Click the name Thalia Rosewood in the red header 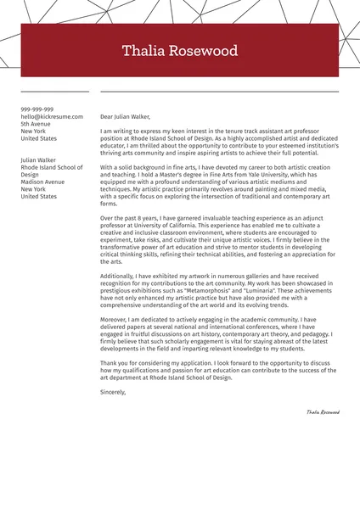point(180,51)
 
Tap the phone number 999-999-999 point(37,109)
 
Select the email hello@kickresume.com point(52,116)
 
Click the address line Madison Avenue point(42,182)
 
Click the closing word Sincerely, point(113,392)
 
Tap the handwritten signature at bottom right point(323,411)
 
